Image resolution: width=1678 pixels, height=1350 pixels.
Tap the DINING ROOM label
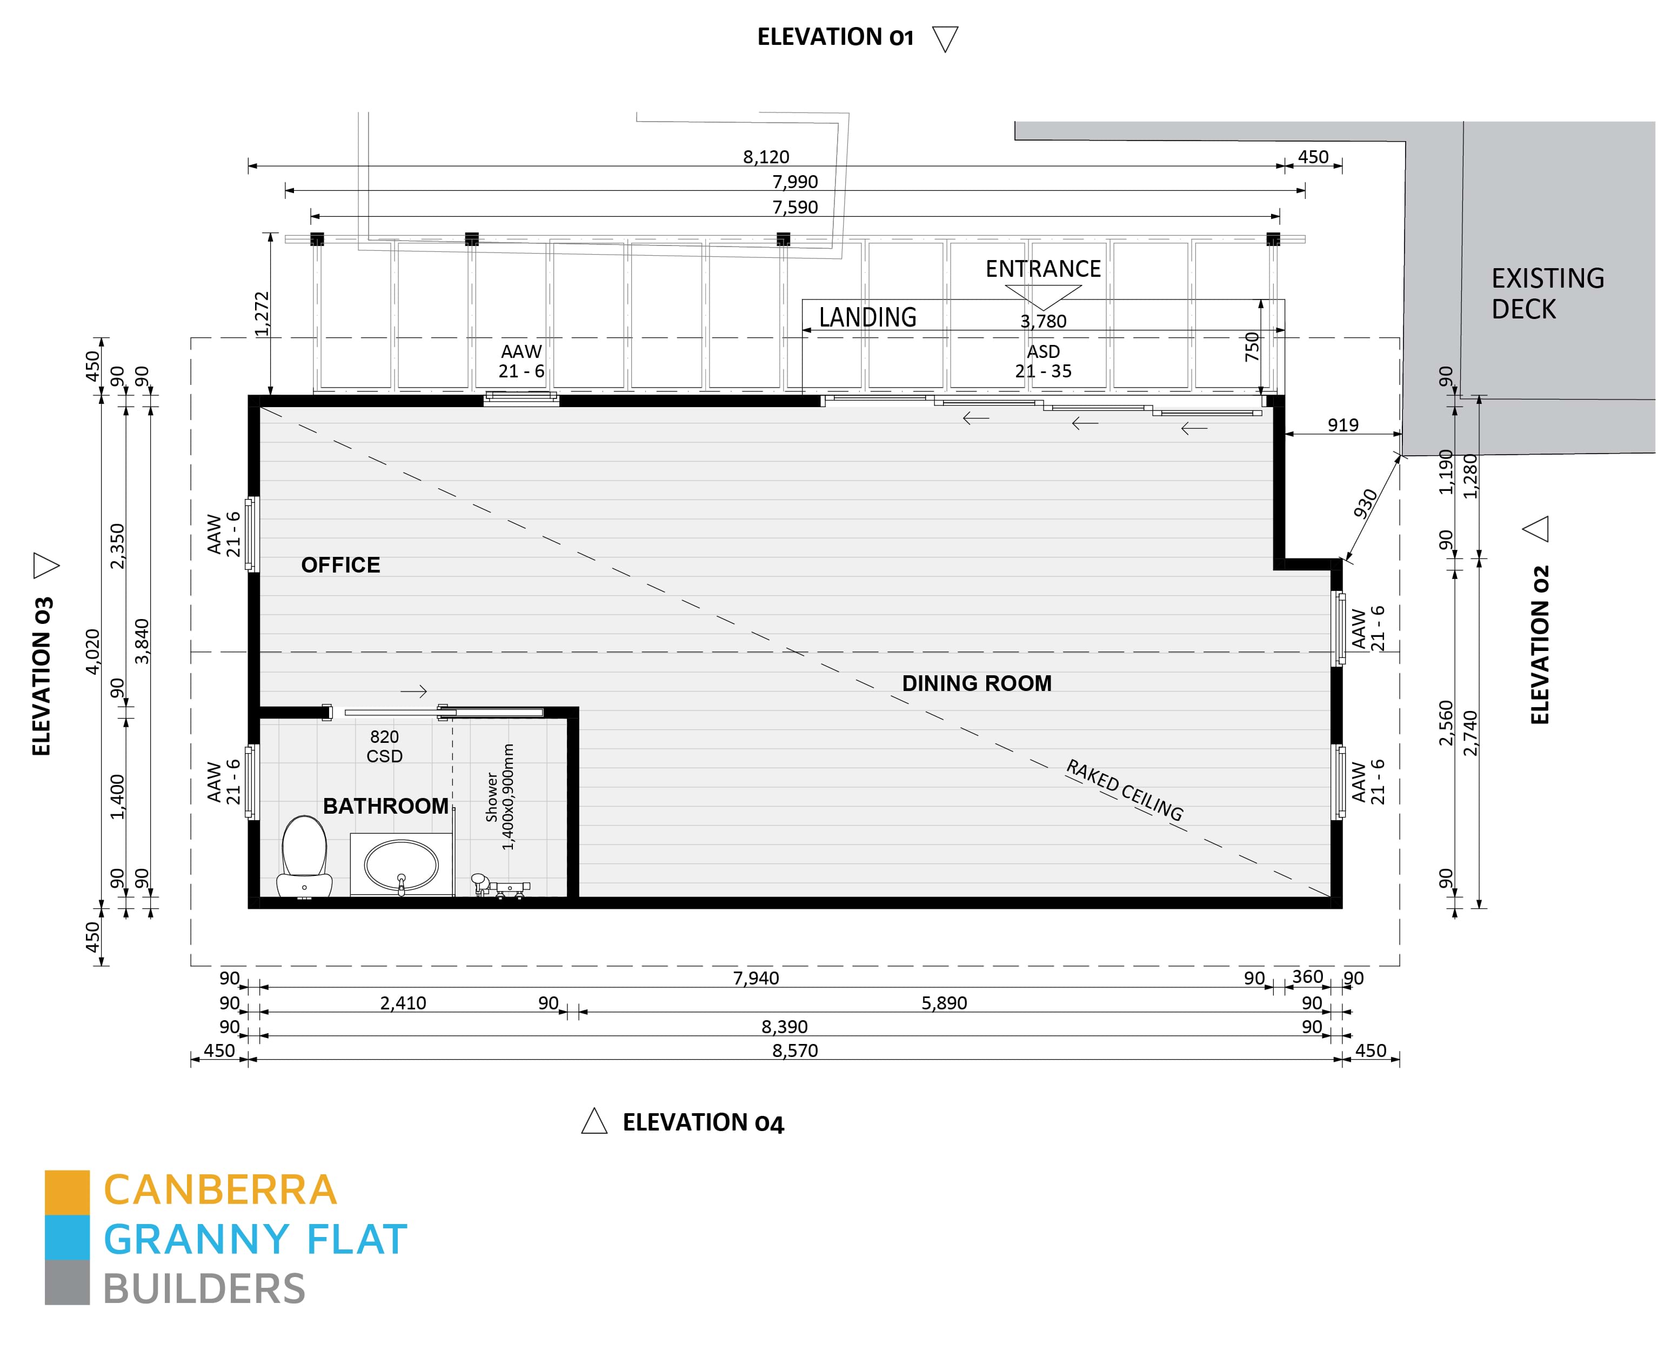977,683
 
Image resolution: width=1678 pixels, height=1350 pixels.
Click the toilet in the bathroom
304,857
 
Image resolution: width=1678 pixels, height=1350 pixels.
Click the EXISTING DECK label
1547,294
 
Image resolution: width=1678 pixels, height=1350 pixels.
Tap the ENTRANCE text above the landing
1043,269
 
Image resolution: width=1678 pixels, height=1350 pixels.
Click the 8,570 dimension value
794,1050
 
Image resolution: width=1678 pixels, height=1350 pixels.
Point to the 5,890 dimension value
944,1003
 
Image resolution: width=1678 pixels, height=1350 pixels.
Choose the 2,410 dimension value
403,1003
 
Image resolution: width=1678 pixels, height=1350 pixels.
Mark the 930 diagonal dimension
1365,503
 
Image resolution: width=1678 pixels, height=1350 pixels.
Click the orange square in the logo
67,1192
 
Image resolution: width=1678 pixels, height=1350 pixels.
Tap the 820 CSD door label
384,746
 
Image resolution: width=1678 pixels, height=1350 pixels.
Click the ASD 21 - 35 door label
1043,361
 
